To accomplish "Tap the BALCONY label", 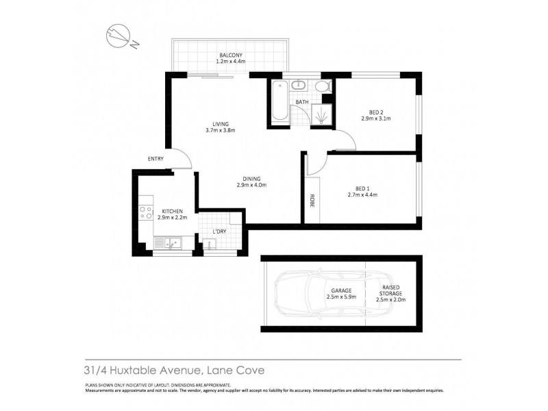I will (230, 55).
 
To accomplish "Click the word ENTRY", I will (155, 159).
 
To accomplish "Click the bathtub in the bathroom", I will (277, 102).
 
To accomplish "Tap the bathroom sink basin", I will (300, 86).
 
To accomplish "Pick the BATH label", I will (301, 103).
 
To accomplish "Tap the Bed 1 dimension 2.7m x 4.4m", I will (362, 195).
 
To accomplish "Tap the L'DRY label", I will (219, 232).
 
